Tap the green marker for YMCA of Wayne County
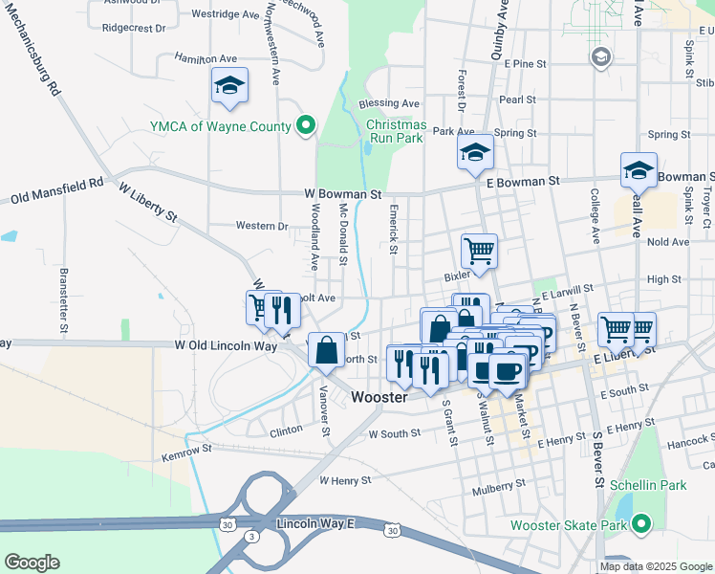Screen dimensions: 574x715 click(x=306, y=125)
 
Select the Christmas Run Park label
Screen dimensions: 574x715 click(x=395, y=131)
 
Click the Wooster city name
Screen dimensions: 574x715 click(x=380, y=396)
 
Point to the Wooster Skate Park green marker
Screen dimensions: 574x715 click(x=642, y=524)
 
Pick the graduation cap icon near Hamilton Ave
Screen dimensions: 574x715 click(x=229, y=87)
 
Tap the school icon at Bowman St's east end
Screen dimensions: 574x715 click(x=639, y=171)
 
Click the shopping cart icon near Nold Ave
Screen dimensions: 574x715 click(x=479, y=252)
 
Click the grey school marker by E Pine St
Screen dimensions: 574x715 click(x=600, y=58)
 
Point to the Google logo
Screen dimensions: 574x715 click(x=32, y=563)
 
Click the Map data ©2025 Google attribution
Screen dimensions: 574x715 click(x=655, y=566)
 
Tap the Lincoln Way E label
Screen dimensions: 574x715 click(x=314, y=524)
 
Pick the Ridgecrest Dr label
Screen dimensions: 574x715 click(x=133, y=28)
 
